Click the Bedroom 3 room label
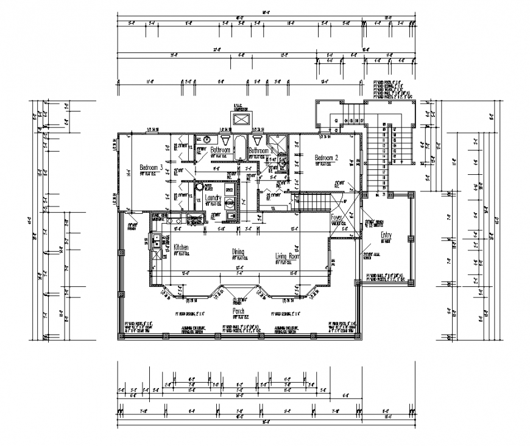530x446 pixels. [x=150, y=167]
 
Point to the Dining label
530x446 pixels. [x=238, y=250]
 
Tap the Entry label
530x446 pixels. [x=386, y=235]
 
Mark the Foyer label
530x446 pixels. [x=337, y=217]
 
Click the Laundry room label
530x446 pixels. [x=213, y=198]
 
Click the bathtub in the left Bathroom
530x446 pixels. [x=240, y=148]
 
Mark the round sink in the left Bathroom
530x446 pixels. [x=207, y=140]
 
